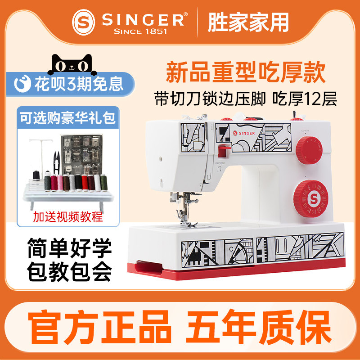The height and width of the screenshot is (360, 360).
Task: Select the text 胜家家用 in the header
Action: [248, 22]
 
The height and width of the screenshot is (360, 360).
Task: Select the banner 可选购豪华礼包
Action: [68, 118]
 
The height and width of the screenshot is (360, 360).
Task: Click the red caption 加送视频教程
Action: [68, 217]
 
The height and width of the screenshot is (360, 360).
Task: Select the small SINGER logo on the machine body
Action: [244, 133]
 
